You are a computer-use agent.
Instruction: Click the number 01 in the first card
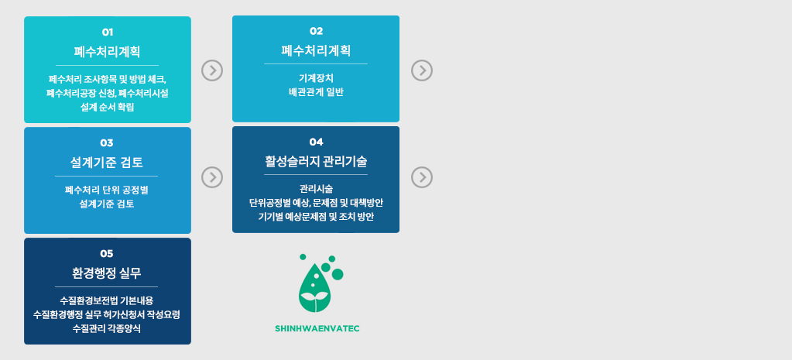107,33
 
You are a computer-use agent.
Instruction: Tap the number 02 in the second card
316,31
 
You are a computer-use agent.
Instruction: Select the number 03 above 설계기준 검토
107,143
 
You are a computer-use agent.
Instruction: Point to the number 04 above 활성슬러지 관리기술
316,142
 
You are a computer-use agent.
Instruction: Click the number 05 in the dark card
107,253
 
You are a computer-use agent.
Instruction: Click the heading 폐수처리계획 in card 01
107,52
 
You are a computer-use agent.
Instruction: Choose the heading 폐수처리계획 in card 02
316,50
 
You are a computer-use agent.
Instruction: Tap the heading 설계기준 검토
107,163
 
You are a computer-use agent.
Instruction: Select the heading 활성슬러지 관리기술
316,162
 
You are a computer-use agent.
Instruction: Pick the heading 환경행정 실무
107,273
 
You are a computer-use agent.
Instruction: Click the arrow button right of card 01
212,70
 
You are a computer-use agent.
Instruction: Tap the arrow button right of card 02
422,70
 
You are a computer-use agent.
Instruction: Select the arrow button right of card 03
212,177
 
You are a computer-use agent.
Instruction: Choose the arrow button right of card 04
422,177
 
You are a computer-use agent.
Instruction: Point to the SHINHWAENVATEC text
317,329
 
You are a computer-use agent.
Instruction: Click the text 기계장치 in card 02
316,78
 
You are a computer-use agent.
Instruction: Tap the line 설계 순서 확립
107,107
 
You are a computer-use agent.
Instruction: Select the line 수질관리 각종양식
107,328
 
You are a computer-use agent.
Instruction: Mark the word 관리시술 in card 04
316,189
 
